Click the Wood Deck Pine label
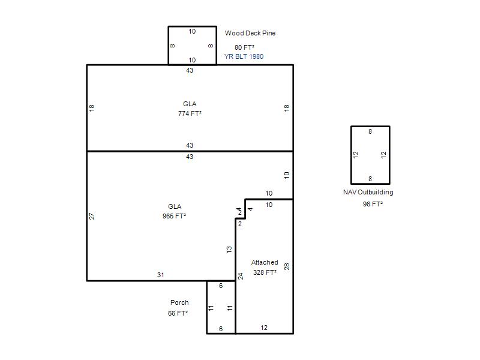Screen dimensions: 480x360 coord(250,33)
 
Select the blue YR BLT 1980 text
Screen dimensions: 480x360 coord(244,56)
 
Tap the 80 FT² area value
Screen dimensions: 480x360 coord(244,47)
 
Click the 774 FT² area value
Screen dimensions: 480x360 coord(190,113)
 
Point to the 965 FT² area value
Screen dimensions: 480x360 coord(175,216)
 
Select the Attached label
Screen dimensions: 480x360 coord(265,262)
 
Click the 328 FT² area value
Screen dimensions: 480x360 coord(265,272)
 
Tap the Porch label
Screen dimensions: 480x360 coord(179,302)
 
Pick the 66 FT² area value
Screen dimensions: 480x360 coord(178,313)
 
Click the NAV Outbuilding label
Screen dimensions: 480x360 coord(368,192)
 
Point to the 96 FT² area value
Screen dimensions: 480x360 coord(373,204)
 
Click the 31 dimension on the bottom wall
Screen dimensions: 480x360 coord(160,275)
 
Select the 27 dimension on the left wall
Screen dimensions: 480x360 coord(92,216)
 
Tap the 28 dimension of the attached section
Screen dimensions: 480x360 coord(287,266)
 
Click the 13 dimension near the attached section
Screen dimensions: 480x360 coord(229,250)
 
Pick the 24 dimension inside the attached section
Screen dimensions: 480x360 coord(241,277)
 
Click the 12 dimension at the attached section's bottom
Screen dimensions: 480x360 coord(264,328)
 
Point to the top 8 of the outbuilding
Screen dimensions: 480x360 coord(370,131)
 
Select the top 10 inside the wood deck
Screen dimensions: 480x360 coord(192,32)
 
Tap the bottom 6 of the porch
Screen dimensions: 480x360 coord(221,329)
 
